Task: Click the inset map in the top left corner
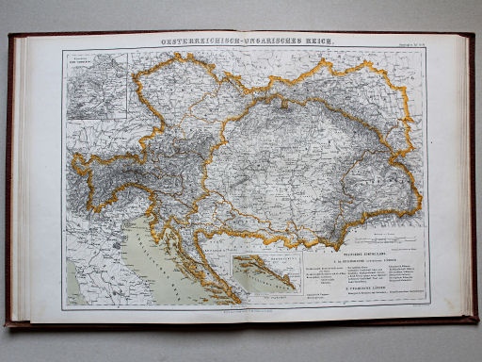coord(96,85)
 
